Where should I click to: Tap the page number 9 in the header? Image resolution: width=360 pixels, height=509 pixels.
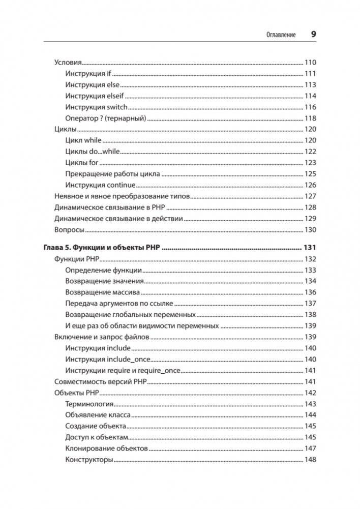click(313, 34)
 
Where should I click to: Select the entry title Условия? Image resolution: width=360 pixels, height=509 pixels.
click(68, 63)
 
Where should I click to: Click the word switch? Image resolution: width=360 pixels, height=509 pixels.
click(117, 107)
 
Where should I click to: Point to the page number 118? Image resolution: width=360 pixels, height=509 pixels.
click(310, 118)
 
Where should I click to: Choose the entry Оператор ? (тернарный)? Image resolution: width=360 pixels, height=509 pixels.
click(106, 118)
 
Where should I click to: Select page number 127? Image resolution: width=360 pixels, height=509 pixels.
click(310, 196)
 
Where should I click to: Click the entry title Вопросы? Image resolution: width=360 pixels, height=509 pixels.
click(69, 230)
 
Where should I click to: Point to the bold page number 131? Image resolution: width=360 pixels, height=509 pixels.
click(310, 248)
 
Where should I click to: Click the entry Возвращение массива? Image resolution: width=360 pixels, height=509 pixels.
click(103, 292)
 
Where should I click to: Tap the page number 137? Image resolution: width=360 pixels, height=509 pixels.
click(310, 304)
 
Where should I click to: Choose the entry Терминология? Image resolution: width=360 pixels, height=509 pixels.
click(89, 404)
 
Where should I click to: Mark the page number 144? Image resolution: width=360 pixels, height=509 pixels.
click(310, 415)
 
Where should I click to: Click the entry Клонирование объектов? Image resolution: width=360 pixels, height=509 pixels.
click(107, 448)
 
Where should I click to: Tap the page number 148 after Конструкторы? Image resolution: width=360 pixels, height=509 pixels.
click(310, 460)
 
